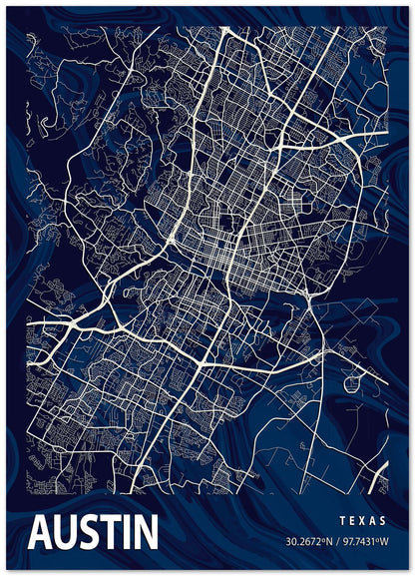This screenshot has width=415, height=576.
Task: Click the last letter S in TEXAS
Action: [x=385, y=520]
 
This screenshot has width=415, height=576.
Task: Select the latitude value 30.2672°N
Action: [x=309, y=543]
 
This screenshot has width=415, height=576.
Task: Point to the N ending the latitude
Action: [x=331, y=543]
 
